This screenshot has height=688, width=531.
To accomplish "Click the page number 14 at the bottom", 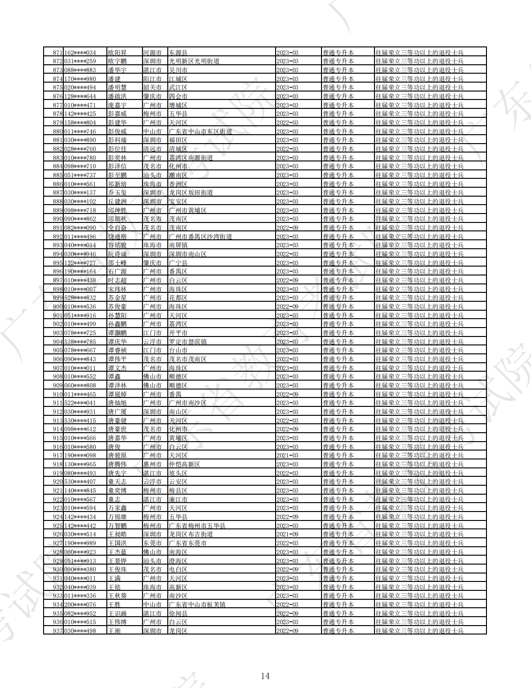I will (265, 676).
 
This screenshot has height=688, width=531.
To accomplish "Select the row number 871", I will (58, 53).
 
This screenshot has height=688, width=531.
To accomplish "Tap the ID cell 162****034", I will (80, 53).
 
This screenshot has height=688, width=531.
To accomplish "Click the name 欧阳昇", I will (117, 53).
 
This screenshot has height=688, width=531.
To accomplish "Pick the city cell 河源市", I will (152, 53).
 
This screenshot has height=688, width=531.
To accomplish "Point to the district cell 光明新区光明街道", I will (194, 61).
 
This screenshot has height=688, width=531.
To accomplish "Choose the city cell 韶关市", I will (152, 87).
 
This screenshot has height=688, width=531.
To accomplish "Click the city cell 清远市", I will (152, 149).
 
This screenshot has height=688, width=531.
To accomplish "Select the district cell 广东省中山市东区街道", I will (201, 131).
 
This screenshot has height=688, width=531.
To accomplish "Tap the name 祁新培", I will (117, 184).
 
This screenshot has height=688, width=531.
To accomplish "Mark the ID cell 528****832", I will (80, 298).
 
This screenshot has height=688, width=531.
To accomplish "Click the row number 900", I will (58, 306).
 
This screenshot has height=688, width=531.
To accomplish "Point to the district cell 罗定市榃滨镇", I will (187, 342).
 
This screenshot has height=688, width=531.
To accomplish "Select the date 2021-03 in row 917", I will (287, 455).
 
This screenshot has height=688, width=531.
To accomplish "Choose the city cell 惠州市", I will (152, 464).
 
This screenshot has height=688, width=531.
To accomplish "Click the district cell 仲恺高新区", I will (184, 464).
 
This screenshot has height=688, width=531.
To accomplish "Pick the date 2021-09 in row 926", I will (287, 534).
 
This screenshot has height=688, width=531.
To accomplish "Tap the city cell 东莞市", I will (152, 543).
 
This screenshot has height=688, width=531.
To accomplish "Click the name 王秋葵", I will (117, 596).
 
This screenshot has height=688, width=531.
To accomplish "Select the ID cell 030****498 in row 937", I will (80, 631).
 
